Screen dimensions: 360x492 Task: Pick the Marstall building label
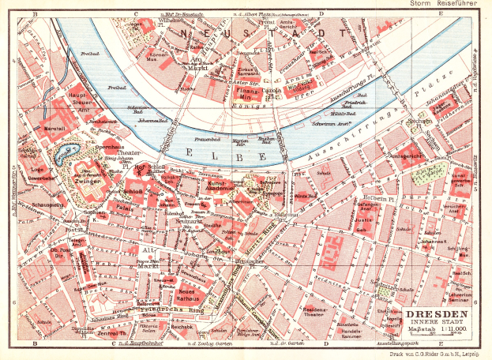52,127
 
